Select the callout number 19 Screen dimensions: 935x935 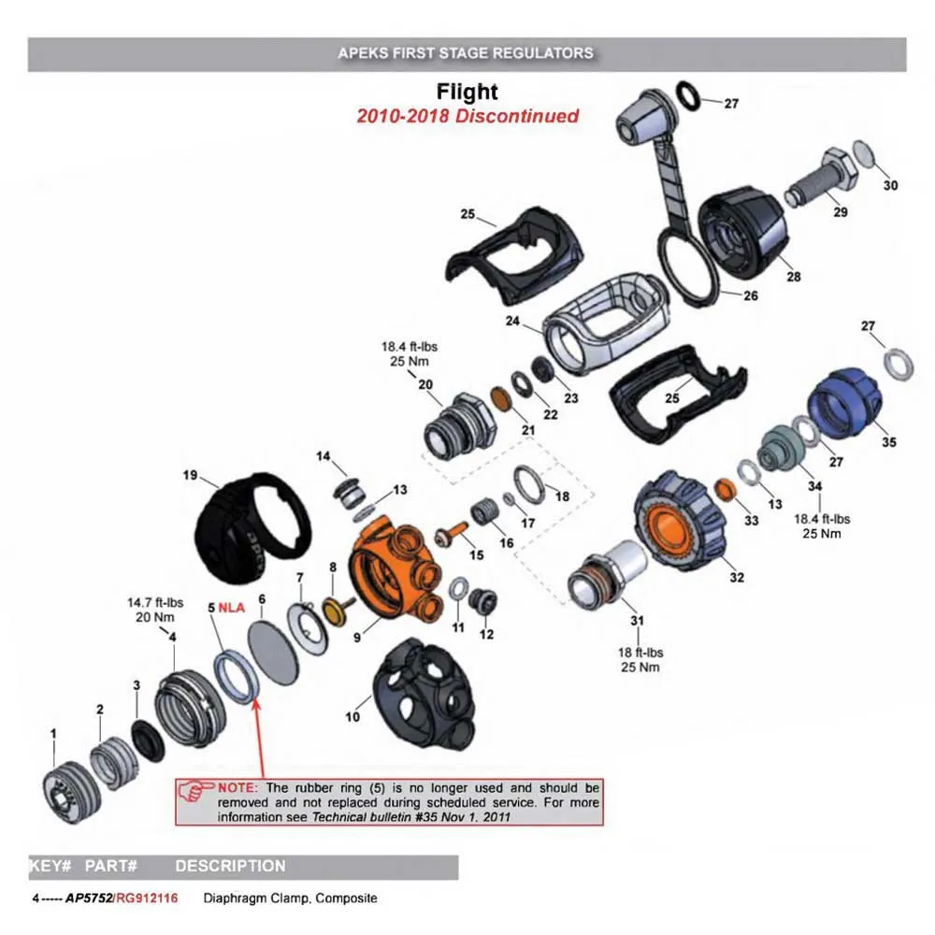click(x=190, y=476)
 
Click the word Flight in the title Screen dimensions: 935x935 click(x=467, y=93)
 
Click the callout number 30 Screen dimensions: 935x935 click(x=890, y=185)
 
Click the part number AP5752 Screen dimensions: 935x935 click(x=88, y=899)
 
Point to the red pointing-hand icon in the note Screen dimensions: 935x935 click(x=195, y=791)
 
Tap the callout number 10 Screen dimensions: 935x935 click(x=352, y=717)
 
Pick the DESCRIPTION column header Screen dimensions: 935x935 click(x=230, y=866)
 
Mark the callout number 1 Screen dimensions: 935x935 click(x=53, y=732)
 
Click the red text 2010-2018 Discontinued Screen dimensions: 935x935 click(x=467, y=117)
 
